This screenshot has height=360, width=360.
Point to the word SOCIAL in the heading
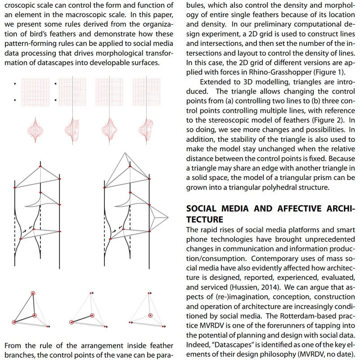tap(204, 209)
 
